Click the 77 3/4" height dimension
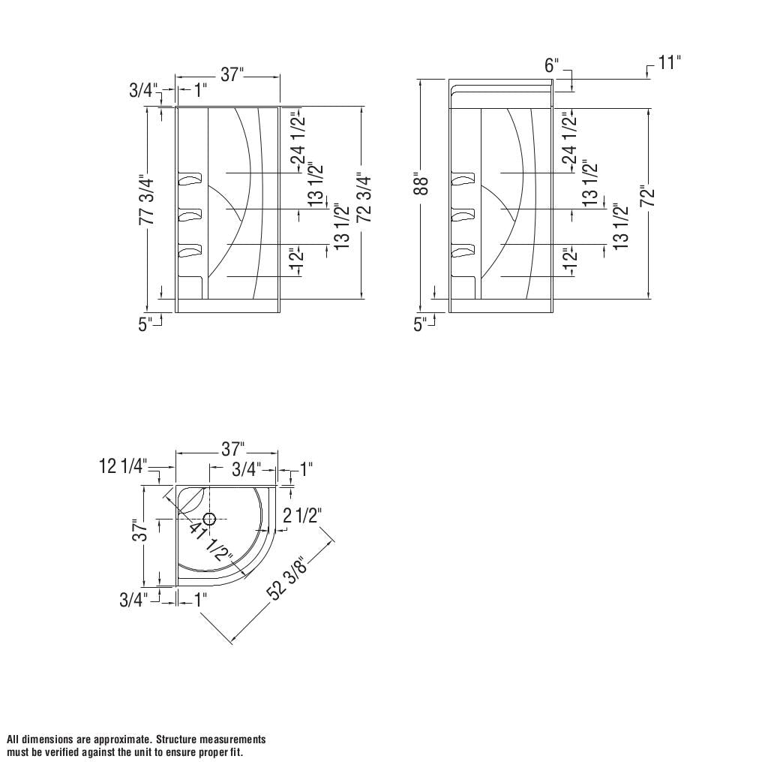[147, 200]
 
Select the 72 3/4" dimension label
[364, 197]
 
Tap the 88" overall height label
[421, 185]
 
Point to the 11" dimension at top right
[669, 62]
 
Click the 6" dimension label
[551, 66]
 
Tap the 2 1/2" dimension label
[302, 516]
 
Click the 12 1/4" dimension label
[123, 467]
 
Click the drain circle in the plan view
[209, 519]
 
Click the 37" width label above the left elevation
[232, 74]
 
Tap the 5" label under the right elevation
[421, 324]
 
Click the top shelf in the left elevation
[190, 179]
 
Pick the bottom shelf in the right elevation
[463, 251]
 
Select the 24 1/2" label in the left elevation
[298, 138]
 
